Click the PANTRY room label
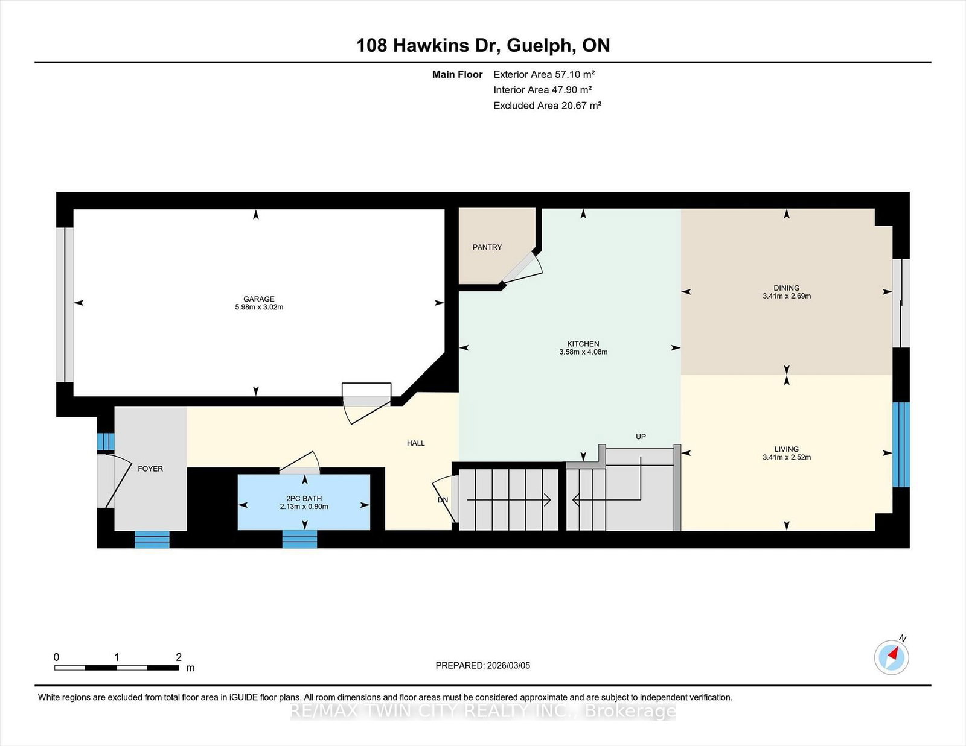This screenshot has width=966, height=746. coord(487,247)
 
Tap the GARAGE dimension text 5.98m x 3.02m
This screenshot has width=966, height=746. coord(259,307)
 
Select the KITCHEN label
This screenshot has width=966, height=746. coord(583,344)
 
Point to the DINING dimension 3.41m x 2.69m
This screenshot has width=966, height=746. coord(787,296)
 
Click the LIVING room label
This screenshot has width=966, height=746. coord(786,449)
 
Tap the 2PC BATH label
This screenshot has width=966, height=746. coord(304,498)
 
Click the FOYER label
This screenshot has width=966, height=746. coord(150,469)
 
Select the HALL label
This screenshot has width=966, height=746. coord(415,443)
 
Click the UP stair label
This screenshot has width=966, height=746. coord(641,436)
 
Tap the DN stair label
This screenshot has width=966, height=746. coord(443,499)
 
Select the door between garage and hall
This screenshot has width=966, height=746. coord(366,403)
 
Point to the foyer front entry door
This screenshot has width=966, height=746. coord(114,481)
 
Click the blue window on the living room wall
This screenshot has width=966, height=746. coord(901,444)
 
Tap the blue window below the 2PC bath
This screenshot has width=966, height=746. coord(299,539)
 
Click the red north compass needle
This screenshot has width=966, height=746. coord(894,653)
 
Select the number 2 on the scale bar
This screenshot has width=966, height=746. coord(179,657)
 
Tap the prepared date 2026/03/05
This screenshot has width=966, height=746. coord(508,665)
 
